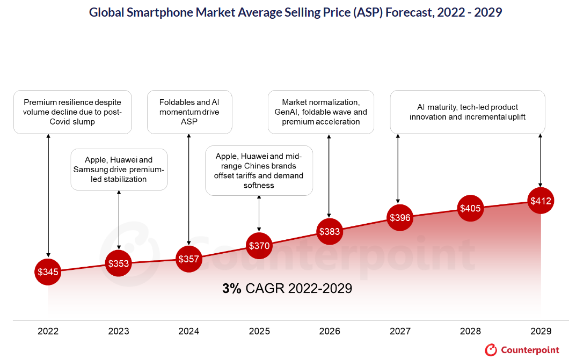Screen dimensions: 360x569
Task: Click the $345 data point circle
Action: coord(48,272)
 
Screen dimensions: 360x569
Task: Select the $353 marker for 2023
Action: coord(118,263)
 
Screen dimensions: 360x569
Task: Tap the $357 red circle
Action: coord(188,259)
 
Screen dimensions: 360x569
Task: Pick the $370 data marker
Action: coord(259,246)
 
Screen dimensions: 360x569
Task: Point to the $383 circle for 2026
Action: coord(329,232)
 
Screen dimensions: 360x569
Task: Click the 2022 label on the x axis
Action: coord(48,331)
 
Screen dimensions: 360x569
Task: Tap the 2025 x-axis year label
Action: coord(259,331)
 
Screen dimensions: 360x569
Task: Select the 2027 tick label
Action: coord(399,331)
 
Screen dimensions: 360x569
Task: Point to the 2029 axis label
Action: coord(540,331)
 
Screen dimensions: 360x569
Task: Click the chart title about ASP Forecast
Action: coord(295,12)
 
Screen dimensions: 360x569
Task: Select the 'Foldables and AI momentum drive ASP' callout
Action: coord(189,112)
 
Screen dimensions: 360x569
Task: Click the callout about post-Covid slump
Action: coord(72,112)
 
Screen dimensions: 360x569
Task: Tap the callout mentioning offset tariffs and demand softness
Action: coord(259,171)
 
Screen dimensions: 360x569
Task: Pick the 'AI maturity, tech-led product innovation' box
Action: coord(467,112)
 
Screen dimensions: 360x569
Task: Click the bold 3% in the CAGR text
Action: coord(232,288)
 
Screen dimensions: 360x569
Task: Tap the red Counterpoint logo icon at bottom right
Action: coord(491,350)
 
